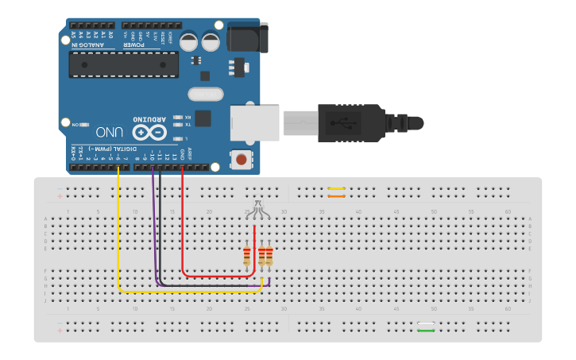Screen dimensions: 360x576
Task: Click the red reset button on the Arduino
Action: point(240,159)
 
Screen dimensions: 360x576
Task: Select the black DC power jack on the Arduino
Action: point(245,38)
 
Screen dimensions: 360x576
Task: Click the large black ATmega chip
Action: point(123,64)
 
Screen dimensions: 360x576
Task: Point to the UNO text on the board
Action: point(110,132)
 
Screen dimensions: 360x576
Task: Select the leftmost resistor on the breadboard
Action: point(247,256)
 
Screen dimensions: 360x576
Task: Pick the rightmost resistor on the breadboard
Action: point(269,256)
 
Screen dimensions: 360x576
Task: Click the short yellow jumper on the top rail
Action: point(336,189)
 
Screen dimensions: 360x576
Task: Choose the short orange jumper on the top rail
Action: point(336,195)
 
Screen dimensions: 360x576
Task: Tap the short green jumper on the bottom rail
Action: point(427,331)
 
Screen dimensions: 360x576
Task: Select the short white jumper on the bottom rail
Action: point(427,324)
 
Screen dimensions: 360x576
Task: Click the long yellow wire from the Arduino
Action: point(118,238)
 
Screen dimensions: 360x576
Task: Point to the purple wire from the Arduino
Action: point(153,230)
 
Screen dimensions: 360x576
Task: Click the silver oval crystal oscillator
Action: point(206,94)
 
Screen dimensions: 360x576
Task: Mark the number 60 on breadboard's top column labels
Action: point(508,211)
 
